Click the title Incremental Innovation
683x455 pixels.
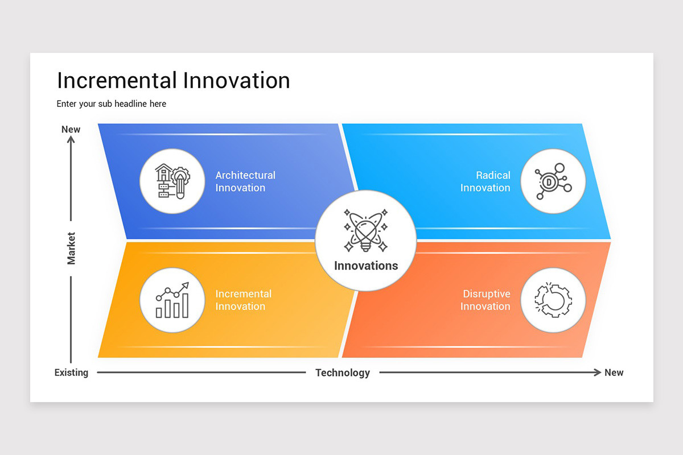pyautogui.click(x=174, y=80)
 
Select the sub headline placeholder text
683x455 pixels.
pyautogui.click(x=112, y=104)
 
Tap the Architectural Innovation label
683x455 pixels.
pyautogui.click(x=245, y=181)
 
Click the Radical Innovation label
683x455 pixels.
pyautogui.click(x=485, y=181)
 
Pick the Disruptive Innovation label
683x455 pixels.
pyautogui.click(x=485, y=300)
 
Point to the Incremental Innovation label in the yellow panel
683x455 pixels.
pyautogui.click(x=243, y=300)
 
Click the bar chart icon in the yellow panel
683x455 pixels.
pyautogui.click(x=172, y=300)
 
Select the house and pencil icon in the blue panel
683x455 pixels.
pyautogui.click(x=172, y=181)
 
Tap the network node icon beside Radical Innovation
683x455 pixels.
pyautogui.click(x=553, y=181)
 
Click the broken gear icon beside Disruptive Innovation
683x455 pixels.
pyautogui.click(x=553, y=300)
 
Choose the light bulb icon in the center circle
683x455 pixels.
pyautogui.click(x=365, y=230)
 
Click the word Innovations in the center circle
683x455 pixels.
pyautogui.click(x=366, y=266)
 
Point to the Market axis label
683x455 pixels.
pyautogui.click(x=71, y=248)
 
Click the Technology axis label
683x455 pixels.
pyautogui.click(x=343, y=373)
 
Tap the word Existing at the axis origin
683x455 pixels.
pyautogui.click(x=71, y=373)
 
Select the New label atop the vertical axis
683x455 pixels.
pyautogui.click(x=71, y=129)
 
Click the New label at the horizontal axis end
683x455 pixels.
pyautogui.click(x=614, y=373)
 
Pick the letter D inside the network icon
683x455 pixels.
pyautogui.click(x=549, y=182)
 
